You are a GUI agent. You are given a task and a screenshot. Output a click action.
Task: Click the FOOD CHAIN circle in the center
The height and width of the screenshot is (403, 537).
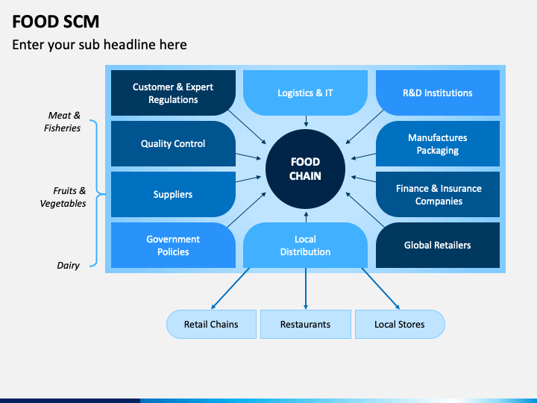pos(305,169)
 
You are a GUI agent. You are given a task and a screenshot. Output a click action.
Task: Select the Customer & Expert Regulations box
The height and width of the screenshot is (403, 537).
pos(173,93)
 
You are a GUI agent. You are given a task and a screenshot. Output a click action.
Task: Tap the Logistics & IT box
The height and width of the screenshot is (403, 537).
pos(305,93)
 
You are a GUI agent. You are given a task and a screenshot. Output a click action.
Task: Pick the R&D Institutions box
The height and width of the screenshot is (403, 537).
pos(438,93)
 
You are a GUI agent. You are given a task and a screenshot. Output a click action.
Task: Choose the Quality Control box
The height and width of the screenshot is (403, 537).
pos(173,143)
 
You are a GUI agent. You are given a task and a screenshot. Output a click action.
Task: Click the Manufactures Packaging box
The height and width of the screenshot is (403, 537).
pos(438,143)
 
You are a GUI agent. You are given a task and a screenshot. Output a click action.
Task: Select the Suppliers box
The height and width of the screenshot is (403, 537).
pos(173,194)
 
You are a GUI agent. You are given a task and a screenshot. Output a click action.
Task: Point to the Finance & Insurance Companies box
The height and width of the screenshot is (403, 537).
pos(438,194)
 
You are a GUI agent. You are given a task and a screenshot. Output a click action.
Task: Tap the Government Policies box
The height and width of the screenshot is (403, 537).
pos(173,245)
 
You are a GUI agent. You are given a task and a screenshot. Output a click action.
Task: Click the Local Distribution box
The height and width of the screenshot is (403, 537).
pos(305,245)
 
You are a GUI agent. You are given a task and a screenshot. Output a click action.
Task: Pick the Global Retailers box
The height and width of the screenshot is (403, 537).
pos(438,245)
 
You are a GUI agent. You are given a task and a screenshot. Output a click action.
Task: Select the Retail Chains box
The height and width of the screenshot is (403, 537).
pos(211,324)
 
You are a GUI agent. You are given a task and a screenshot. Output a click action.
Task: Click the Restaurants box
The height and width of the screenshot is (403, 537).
pos(306,324)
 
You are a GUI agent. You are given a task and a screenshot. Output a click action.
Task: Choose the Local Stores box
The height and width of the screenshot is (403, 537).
pos(400,324)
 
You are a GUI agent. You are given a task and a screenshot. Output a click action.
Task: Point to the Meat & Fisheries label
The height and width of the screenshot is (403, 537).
pos(63,122)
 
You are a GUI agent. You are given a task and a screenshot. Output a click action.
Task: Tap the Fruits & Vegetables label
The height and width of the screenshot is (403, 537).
pos(63,197)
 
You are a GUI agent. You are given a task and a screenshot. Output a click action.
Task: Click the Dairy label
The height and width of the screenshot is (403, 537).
pos(68,265)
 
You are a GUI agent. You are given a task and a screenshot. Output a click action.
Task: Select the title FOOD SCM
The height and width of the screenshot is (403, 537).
pos(55,22)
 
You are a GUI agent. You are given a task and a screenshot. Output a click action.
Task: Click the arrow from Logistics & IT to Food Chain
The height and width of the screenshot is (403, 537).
pos(306,122)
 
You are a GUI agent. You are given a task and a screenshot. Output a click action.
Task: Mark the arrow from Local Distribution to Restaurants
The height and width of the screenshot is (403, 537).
pos(306,289)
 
